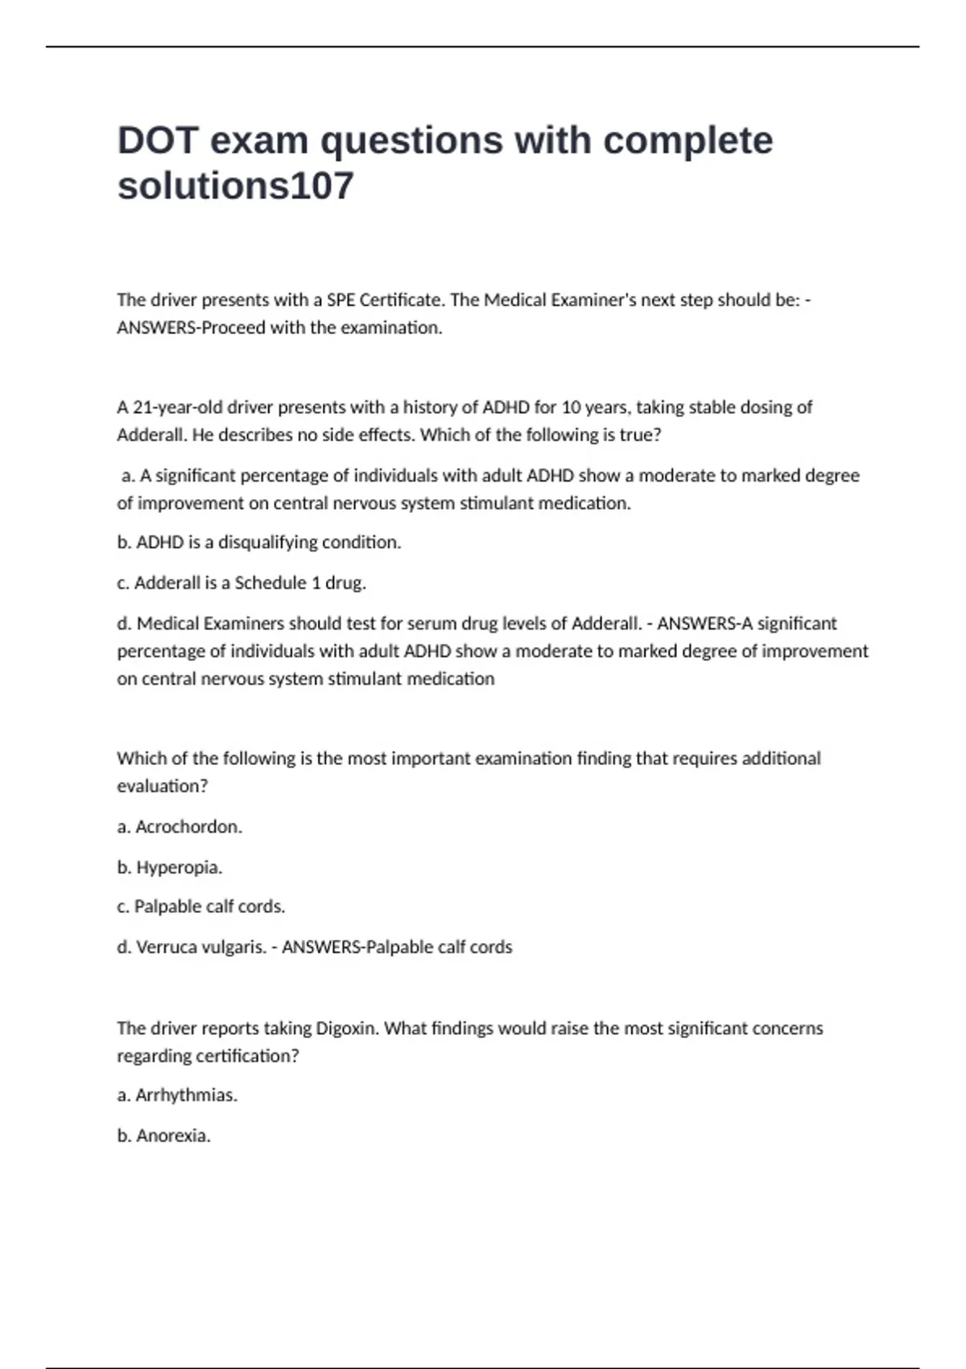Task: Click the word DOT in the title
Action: point(158,141)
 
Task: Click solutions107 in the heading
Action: point(236,186)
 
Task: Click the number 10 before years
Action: point(570,407)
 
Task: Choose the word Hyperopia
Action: point(179,867)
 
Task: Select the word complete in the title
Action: point(688,141)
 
